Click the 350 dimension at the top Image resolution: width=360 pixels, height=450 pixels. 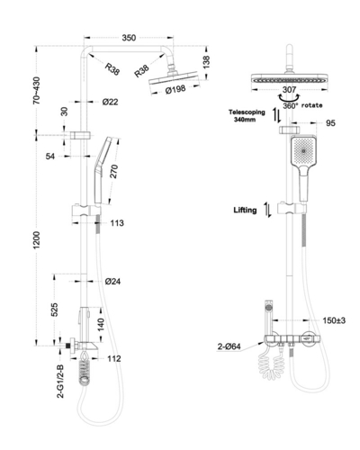[x=129, y=38]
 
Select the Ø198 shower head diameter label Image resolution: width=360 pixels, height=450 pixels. [x=175, y=89]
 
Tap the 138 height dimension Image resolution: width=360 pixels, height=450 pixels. [x=206, y=62]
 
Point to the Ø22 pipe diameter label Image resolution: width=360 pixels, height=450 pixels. [x=110, y=102]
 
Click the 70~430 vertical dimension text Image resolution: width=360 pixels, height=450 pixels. [x=36, y=91]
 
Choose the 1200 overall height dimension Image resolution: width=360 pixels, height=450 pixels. [x=36, y=240]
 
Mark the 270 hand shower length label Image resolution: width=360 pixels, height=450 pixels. [x=114, y=171]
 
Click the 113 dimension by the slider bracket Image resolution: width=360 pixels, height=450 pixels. [x=117, y=223]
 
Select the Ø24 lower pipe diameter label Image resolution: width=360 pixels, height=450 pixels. [x=112, y=282]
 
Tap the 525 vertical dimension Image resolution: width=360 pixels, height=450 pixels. [x=55, y=310]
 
